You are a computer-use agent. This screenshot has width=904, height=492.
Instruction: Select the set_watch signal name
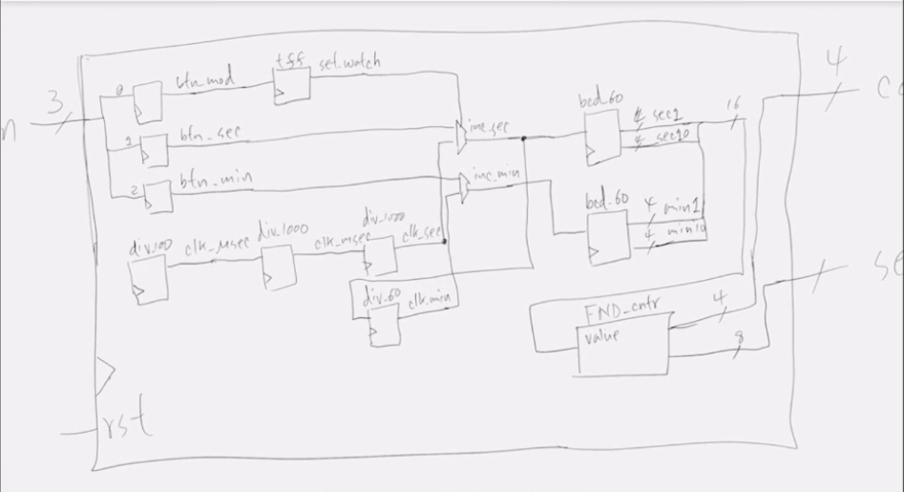(349, 63)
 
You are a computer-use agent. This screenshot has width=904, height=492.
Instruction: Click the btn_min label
(210, 178)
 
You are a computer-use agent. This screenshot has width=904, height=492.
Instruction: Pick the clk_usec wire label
(216, 245)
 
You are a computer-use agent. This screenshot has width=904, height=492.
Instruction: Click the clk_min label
(429, 302)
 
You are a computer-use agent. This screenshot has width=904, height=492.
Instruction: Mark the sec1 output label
(662, 116)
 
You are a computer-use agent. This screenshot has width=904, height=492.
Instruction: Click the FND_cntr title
(621, 313)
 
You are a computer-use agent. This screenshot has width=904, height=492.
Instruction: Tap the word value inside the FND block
(600, 336)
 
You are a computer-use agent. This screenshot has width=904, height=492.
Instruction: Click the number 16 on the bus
(733, 103)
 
